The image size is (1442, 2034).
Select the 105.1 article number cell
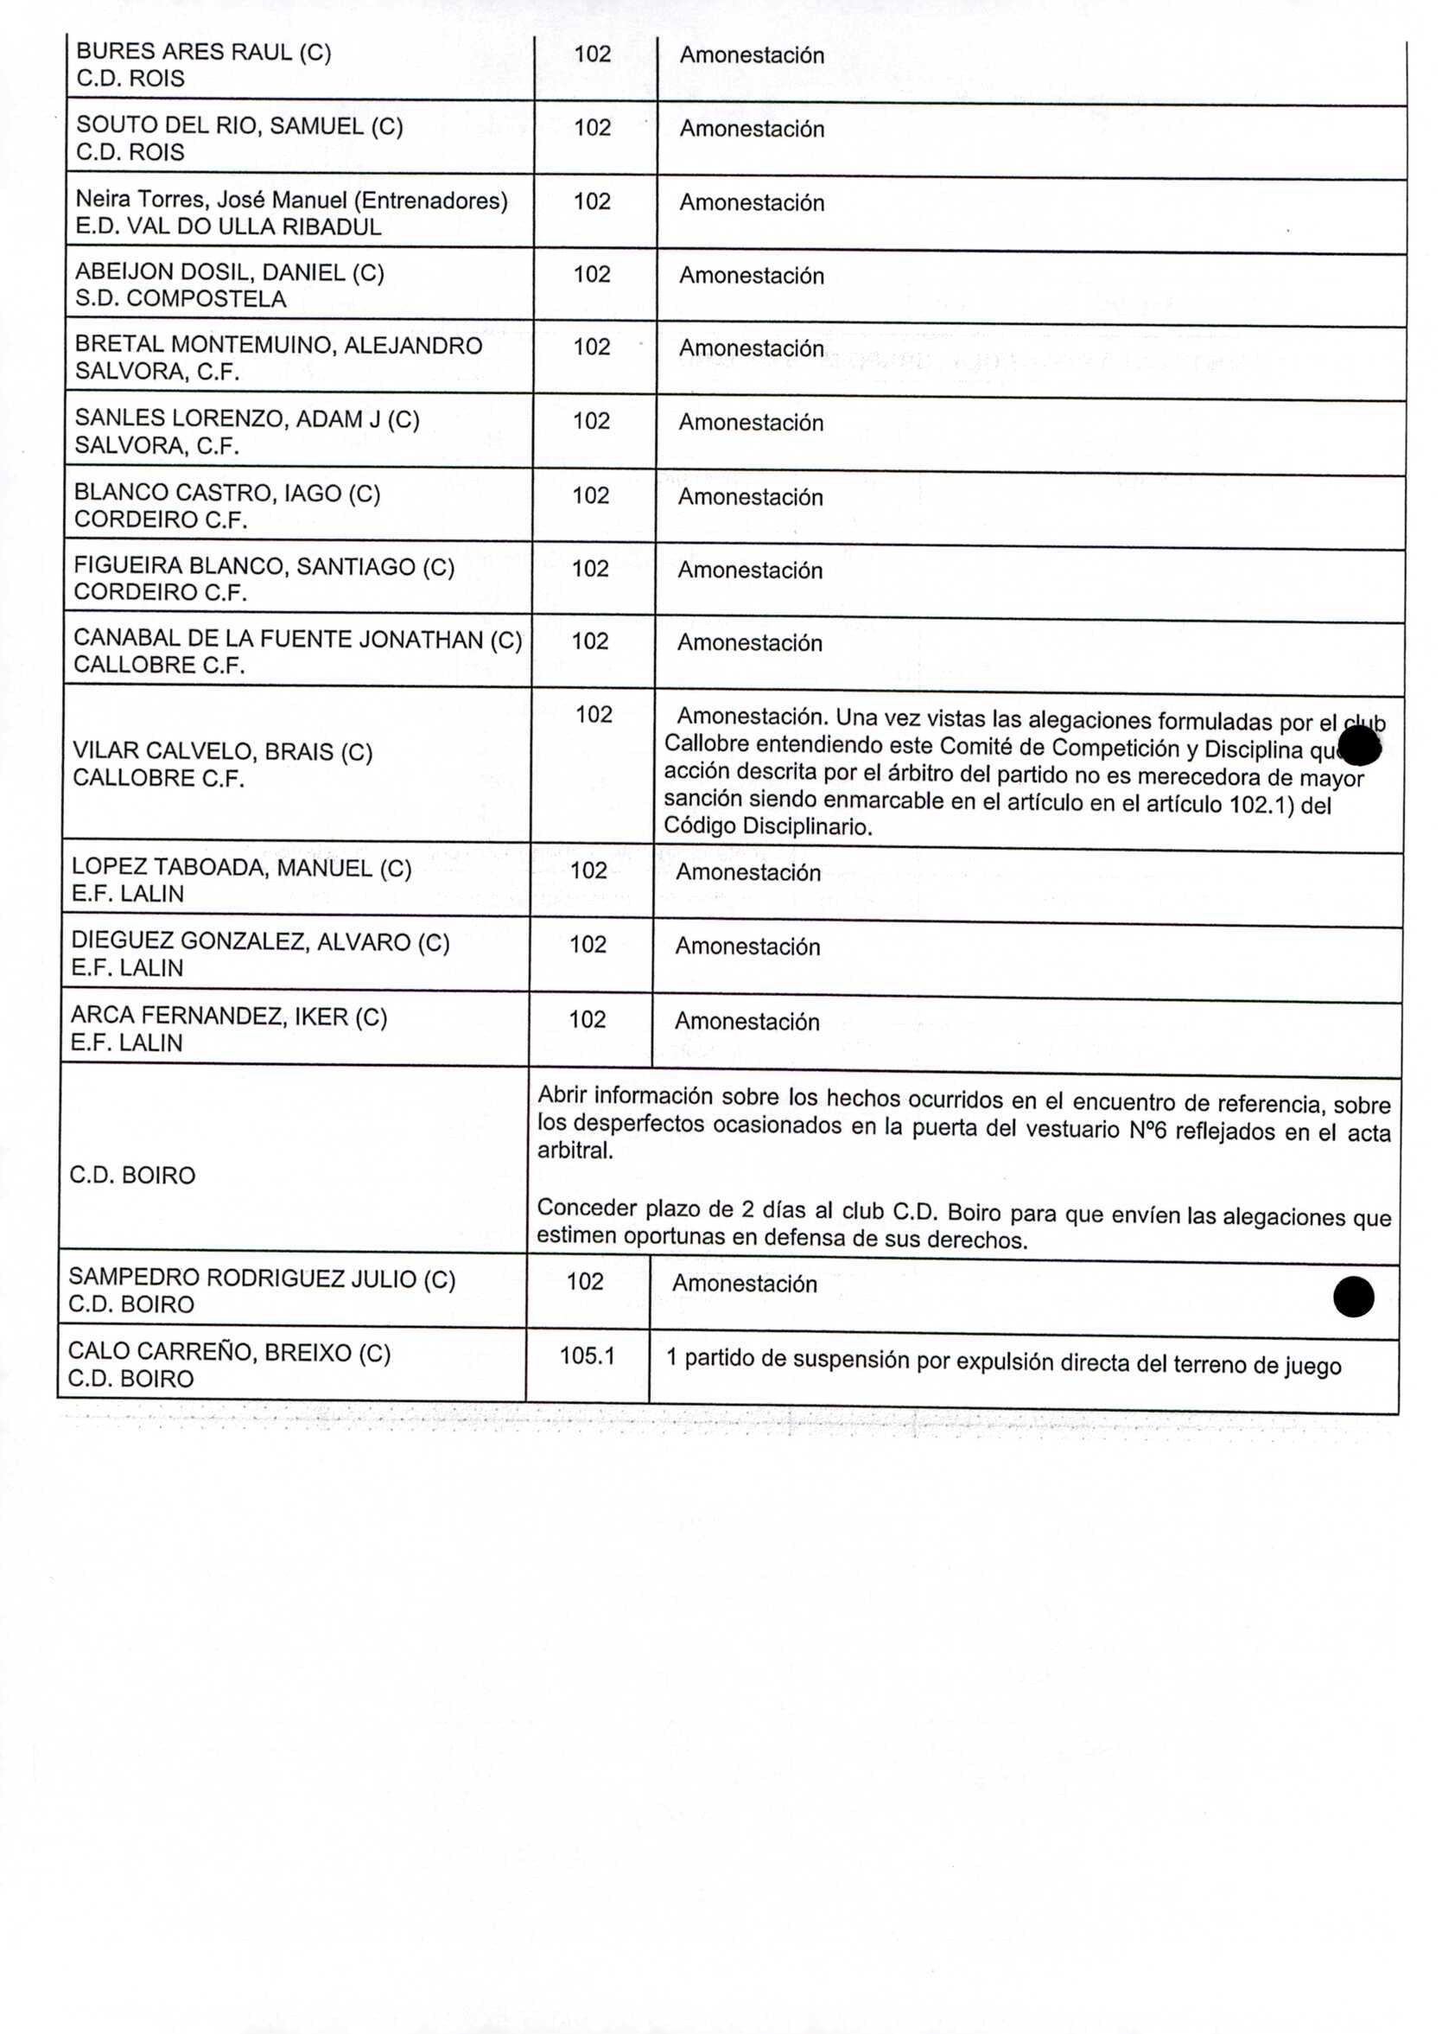click(587, 1356)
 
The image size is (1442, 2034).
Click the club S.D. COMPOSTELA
click(181, 298)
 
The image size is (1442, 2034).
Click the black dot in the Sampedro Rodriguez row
click(1353, 1297)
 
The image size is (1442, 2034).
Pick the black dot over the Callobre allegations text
click(1358, 745)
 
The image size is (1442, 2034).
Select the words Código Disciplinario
click(768, 826)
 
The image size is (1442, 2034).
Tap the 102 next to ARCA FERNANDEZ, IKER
click(587, 1020)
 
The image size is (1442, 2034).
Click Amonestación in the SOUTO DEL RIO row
click(752, 130)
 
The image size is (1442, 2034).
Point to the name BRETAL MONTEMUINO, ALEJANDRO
click(279, 346)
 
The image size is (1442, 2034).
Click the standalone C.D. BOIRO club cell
click(132, 1176)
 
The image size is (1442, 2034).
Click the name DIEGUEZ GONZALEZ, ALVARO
click(260, 942)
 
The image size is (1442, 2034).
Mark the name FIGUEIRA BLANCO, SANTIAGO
click(264, 567)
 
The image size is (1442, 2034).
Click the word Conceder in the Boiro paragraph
click(587, 1208)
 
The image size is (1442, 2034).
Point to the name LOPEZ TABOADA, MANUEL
click(242, 868)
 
